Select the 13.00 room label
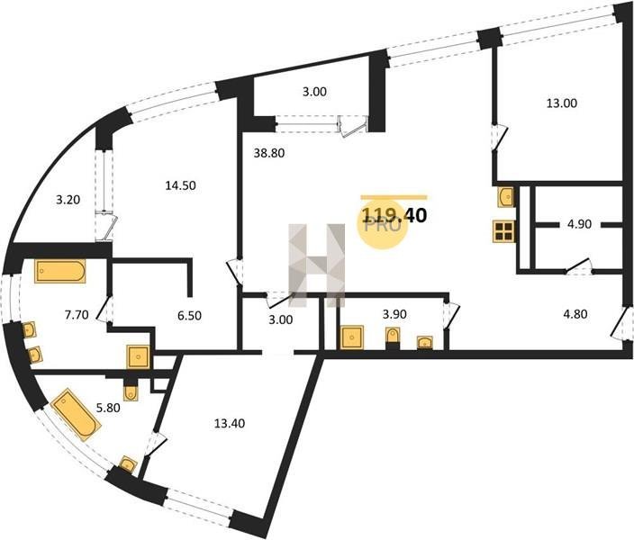(561, 103)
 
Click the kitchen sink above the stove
(505, 196)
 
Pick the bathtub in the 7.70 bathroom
(60, 271)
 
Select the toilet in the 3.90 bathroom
(393, 337)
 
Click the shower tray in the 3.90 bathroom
(351, 338)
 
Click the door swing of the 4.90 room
(582, 265)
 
